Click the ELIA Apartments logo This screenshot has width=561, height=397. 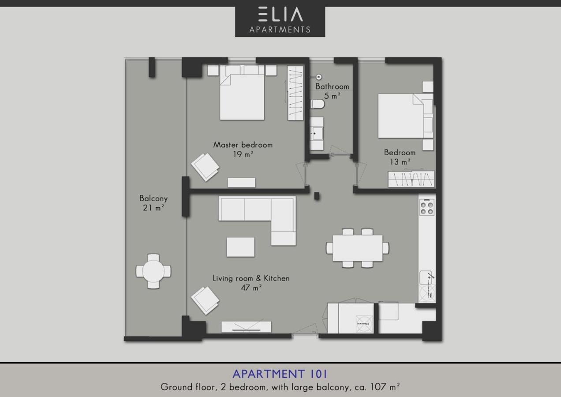[280, 22]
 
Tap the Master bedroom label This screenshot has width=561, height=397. [243, 145]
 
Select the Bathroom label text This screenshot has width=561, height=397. [332, 86]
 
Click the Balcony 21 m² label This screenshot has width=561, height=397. [153, 203]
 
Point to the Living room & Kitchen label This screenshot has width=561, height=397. [251, 278]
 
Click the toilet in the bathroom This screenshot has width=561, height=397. [318, 104]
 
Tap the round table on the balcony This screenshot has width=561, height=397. [153, 271]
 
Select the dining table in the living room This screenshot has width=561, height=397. [357, 248]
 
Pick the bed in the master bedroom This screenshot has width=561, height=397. [242, 93]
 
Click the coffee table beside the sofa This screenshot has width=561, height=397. [240, 247]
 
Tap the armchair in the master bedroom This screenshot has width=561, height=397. [205, 167]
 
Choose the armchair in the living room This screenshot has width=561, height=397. [205, 300]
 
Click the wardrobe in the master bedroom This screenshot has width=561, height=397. [295, 93]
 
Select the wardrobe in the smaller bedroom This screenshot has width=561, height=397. [411, 179]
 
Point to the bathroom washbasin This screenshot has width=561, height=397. [317, 133]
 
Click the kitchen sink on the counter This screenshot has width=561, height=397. [427, 277]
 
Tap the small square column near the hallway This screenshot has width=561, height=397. [317, 196]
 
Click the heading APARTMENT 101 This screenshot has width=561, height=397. [280, 374]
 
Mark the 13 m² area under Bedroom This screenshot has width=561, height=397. [400, 162]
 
